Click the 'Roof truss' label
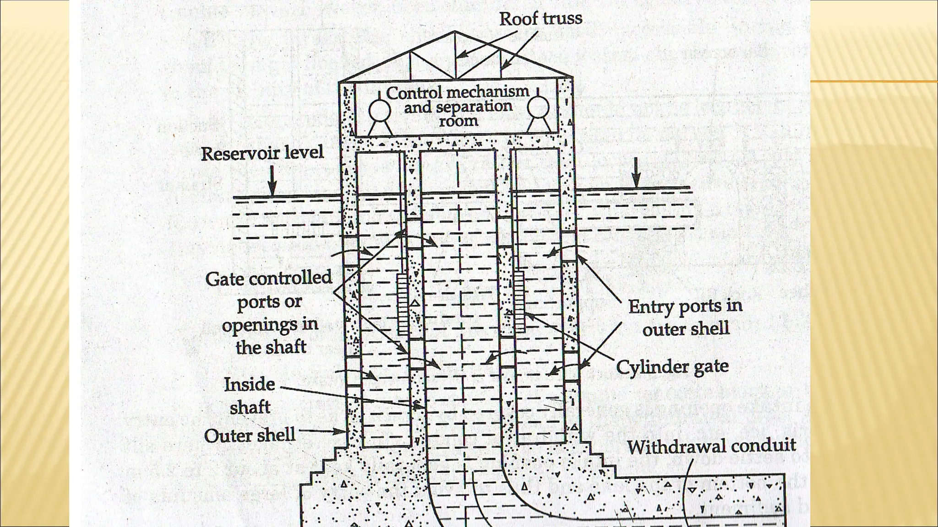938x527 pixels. point(540,19)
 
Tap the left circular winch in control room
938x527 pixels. point(380,110)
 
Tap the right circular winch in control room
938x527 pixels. point(538,108)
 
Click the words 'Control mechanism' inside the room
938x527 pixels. point(457,92)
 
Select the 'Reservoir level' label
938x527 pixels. point(262,153)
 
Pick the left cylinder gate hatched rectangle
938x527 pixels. point(403,304)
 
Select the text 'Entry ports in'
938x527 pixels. point(685,306)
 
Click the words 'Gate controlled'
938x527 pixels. point(268,278)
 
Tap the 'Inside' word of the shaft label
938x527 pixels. point(250,384)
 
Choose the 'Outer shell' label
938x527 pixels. point(250,436)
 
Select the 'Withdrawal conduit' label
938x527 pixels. point(711,446)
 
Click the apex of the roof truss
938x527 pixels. point(455,32)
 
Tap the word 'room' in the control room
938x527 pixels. point(458,121)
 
